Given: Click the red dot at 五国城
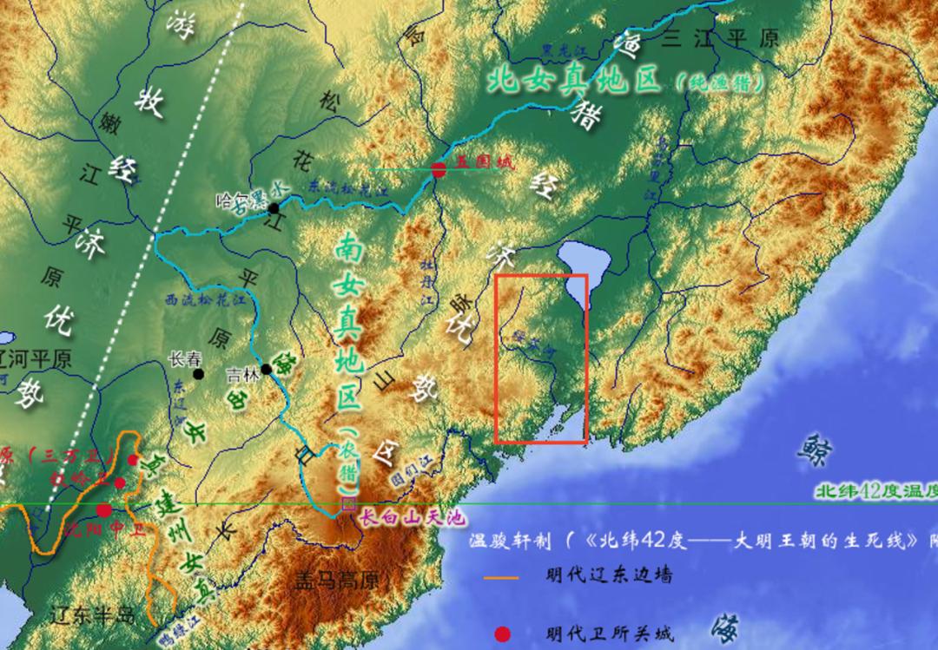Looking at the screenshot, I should (439, 170).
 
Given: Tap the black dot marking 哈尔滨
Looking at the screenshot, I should (274, 208).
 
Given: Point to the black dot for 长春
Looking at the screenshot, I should (199, 374).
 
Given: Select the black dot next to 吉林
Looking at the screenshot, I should (267, 370).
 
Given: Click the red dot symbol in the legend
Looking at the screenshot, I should (502, 634).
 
